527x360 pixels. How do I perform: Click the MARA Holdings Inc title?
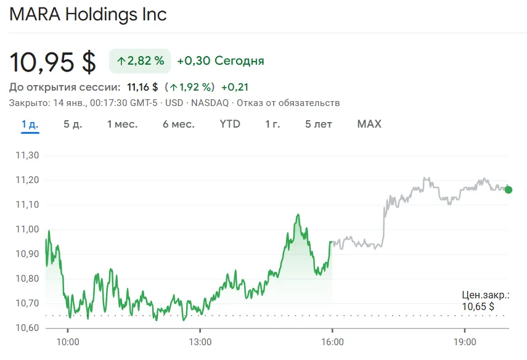(x=88, y=14)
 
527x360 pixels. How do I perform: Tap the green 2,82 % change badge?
(x=140, y=60)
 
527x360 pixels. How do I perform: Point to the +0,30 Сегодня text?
(x=220, y=60)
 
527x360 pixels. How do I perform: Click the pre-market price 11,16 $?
(x=142, y=87)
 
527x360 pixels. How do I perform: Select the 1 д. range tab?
(x=30, y=124)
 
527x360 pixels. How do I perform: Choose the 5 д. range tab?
(x=73, y=124)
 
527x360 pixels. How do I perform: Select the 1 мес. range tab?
(x=122, y=124)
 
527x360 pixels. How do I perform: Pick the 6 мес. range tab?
(x=179, y=124)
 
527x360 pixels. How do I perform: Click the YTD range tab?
(x=230, y=124)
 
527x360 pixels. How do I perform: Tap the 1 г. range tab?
(x=272, y=124)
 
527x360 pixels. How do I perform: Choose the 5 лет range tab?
(x=319, y=124)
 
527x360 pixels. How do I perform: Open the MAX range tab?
(x=369, y=124)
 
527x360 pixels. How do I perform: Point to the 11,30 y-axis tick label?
(x=26, y=155)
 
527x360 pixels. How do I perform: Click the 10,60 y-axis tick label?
(x=26, y=328)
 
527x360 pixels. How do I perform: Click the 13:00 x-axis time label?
(x=200, y=342)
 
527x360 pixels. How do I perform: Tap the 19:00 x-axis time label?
(x=465, y=342)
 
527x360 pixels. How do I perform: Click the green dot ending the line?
(x=508, y=189)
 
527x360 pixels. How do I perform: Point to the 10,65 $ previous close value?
(x=478, y=306)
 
